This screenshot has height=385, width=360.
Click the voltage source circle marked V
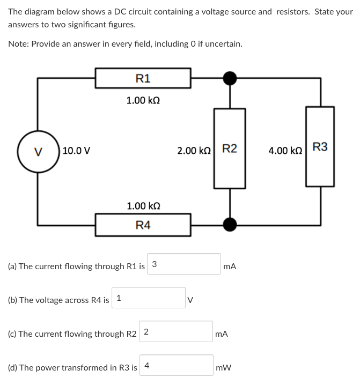pos(38,151)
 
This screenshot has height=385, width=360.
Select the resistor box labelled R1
pos(143,78)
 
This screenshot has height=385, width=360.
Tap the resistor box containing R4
pos(143,225)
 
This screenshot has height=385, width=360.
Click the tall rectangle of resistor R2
pos(230,148)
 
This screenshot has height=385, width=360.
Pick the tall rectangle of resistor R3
pos(320,146)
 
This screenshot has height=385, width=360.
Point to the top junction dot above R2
pos(230,78)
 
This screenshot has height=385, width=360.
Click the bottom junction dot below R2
pos(230,223)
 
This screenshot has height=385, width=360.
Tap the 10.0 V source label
pos(76,151)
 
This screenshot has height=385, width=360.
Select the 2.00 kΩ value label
pos(194,151)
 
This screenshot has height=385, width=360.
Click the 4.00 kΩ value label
pos(285,151)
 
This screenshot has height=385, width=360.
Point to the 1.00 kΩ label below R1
pos(143,100)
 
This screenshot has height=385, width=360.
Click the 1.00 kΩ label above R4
pos(143,206)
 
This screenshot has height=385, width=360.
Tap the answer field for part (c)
pos(177,331)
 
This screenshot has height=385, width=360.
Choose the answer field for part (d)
pos(177,365)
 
